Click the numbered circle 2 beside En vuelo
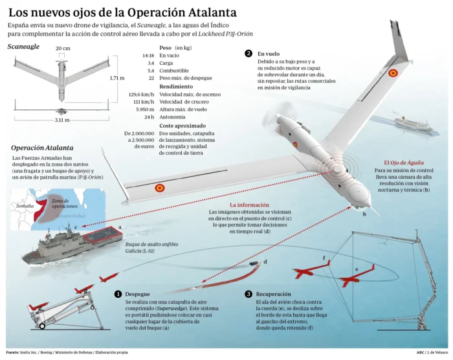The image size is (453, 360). point(249,54)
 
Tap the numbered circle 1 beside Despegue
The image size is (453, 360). point(118,294)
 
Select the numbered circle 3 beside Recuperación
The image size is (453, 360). point(249,294)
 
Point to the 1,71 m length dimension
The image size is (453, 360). point(117,78)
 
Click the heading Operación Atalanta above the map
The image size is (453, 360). point(42,148)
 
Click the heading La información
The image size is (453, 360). point(250,204)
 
